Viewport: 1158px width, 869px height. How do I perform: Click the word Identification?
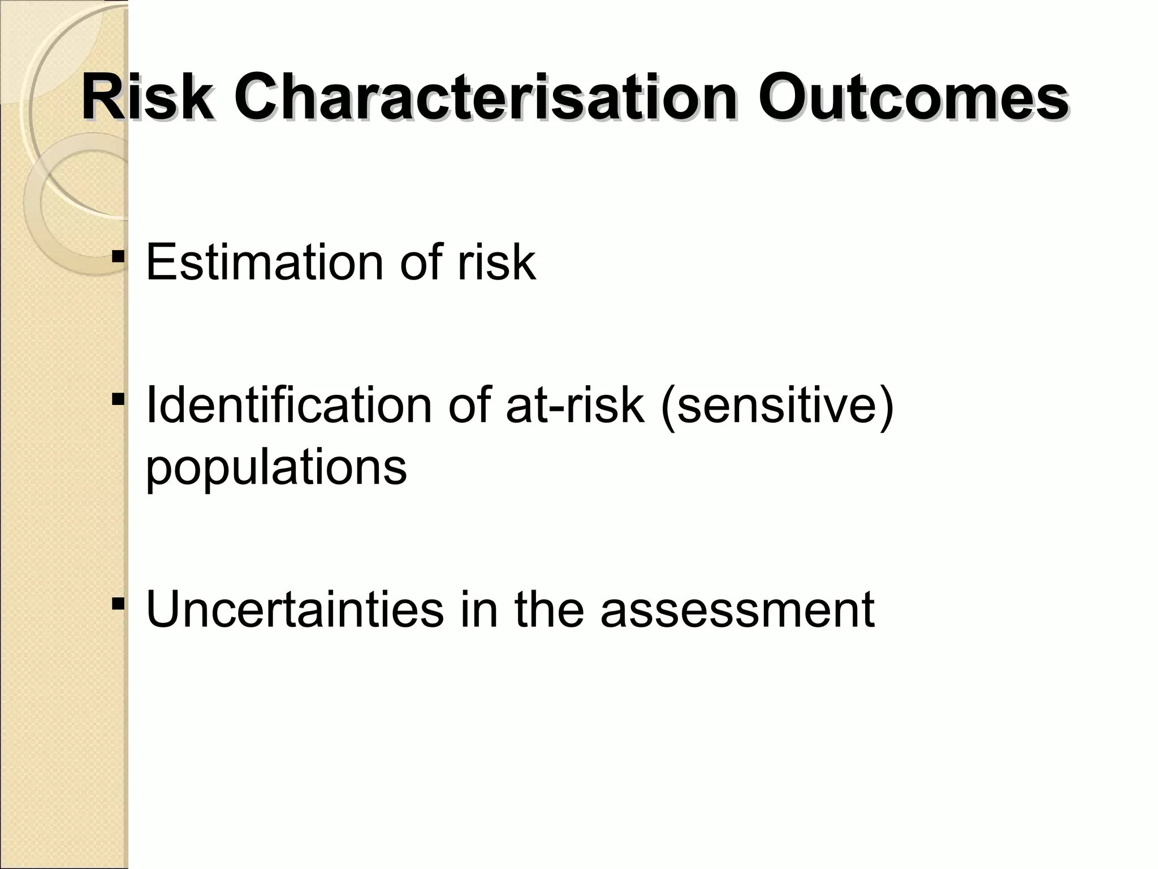click(x=288, y=406)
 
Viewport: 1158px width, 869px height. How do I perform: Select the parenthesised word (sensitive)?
click(x=777, y=406)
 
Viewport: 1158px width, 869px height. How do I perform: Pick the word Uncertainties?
click(x=295, y=610)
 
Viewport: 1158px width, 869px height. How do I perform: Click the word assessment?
click(x=737, y=610)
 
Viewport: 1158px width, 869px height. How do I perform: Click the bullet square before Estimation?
click(x=118, y=257)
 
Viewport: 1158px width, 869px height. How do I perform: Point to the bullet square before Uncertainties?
click(x=118, y=605)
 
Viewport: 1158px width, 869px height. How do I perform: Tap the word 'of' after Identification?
click(x=470, y=406)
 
